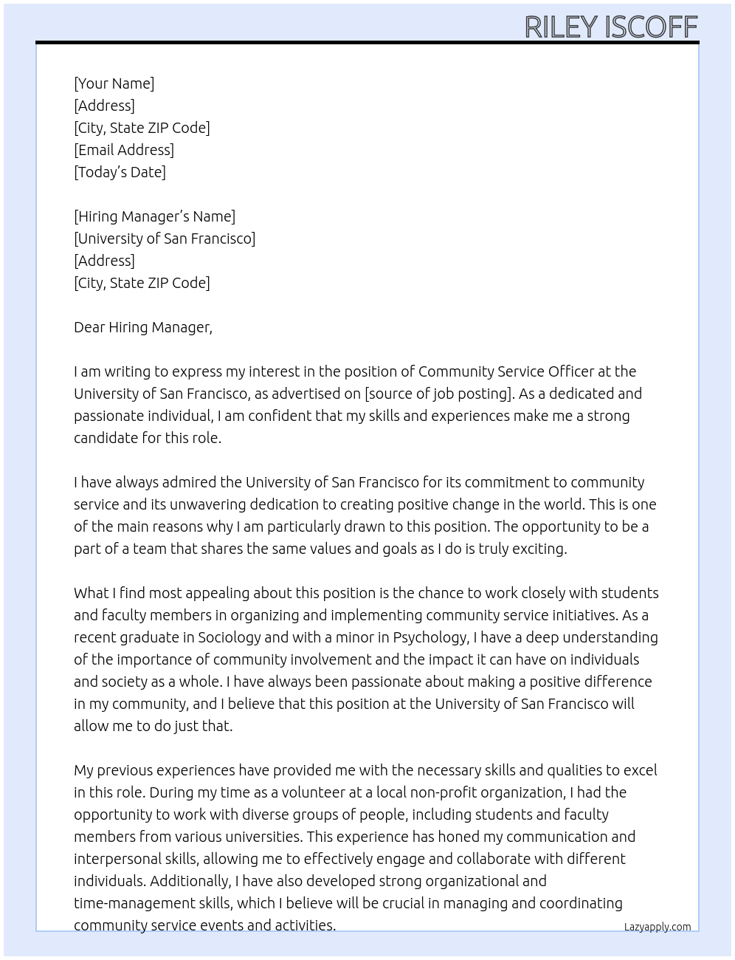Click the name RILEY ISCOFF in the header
pos(611,27)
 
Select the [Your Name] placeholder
pos(114,83)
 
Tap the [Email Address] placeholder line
pos(124,150)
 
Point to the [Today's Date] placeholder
pos(120,172)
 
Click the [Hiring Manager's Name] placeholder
pos(154,216)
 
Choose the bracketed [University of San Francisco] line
pos(165,239)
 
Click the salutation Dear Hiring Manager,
pos(143,327)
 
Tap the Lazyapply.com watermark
pos(658,927)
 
